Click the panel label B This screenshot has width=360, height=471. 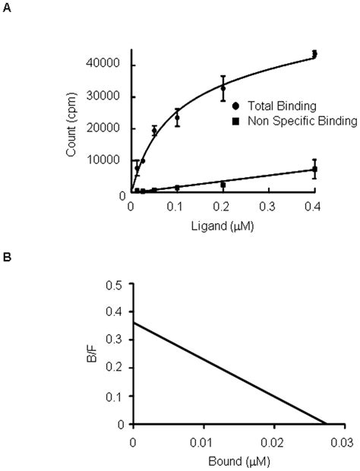point(7,258)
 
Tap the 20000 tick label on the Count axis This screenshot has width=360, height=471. point(112,128)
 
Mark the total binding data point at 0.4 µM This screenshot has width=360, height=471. point(314,54)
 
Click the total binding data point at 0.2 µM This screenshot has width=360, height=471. point(223,88)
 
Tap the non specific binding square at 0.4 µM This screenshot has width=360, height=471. point(314,169)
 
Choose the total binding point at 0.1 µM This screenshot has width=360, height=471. point(177,117)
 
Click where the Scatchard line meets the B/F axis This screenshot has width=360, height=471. point(132,323)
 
